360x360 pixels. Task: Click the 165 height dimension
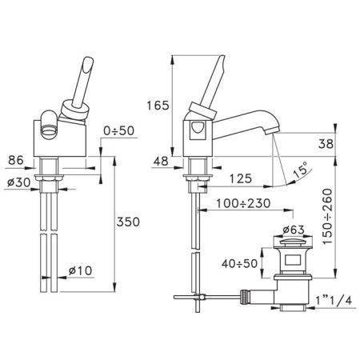pos(158,106)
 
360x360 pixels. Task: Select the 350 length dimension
pos(128,222)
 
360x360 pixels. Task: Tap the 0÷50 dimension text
pos(119,130)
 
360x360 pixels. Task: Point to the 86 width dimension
pos(16,160)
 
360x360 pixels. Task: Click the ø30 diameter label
pos(18,182)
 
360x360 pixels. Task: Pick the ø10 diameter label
pos(81,270)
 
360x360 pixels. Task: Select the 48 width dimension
pos(161,161)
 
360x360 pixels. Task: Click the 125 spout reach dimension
pos(241,178)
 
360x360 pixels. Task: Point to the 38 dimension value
pos(326,144)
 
